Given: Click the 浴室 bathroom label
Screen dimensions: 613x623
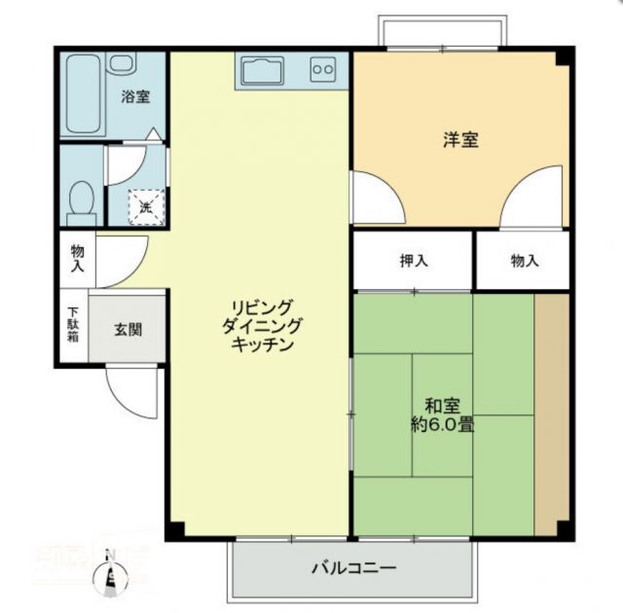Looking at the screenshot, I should [x=134, y=96].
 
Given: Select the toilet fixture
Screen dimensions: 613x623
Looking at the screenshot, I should [x=82, y=199].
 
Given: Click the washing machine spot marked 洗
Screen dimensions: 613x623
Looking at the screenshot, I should [x=144, y=205].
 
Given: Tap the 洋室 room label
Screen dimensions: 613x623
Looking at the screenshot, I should [x=459, y=139].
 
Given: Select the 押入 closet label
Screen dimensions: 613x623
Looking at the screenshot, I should [x=414, y=260].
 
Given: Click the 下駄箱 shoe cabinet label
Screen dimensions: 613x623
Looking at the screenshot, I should [x=73, y=325].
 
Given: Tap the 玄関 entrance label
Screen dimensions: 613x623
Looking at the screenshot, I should [x=128, y=329].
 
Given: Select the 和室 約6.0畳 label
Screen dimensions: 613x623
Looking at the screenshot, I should [x=443, y=415].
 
